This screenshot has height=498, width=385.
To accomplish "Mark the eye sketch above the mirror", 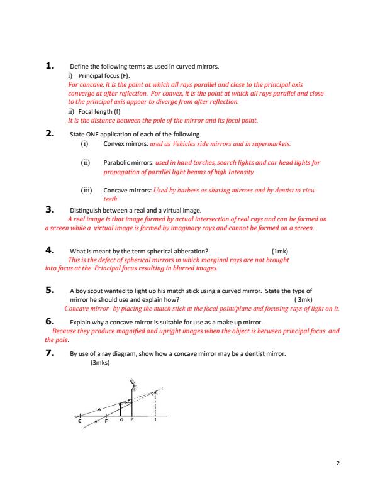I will click(133, 381).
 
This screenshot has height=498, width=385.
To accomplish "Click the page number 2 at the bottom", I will click(338, 463).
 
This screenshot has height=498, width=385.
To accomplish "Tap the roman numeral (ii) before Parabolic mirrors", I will click(86, 162).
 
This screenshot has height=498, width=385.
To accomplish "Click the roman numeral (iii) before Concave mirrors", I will click(87, 189).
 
